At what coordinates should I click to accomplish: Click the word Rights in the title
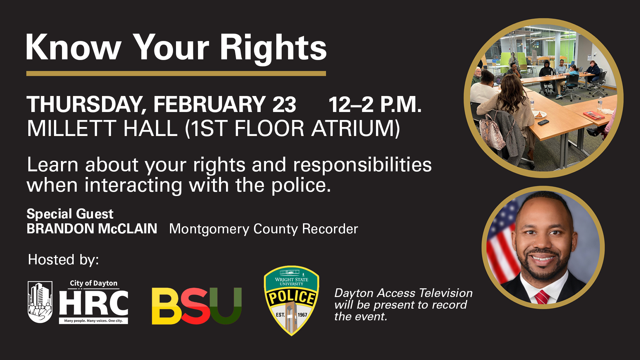273,48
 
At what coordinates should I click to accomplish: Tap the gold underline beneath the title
176,73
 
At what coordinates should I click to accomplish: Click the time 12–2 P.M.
375,105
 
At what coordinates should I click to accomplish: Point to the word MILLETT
72,128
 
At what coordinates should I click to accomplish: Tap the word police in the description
301,186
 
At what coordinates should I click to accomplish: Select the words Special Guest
70,214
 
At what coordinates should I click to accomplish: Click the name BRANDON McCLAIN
92,229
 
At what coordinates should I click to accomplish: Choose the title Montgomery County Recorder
263,229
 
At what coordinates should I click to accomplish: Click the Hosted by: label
63,260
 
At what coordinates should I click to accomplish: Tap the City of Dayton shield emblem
40,302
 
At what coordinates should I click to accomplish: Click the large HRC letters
94,303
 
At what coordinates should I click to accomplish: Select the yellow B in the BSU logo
166,306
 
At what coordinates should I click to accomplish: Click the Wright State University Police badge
291,300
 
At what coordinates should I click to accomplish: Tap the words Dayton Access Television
403,293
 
